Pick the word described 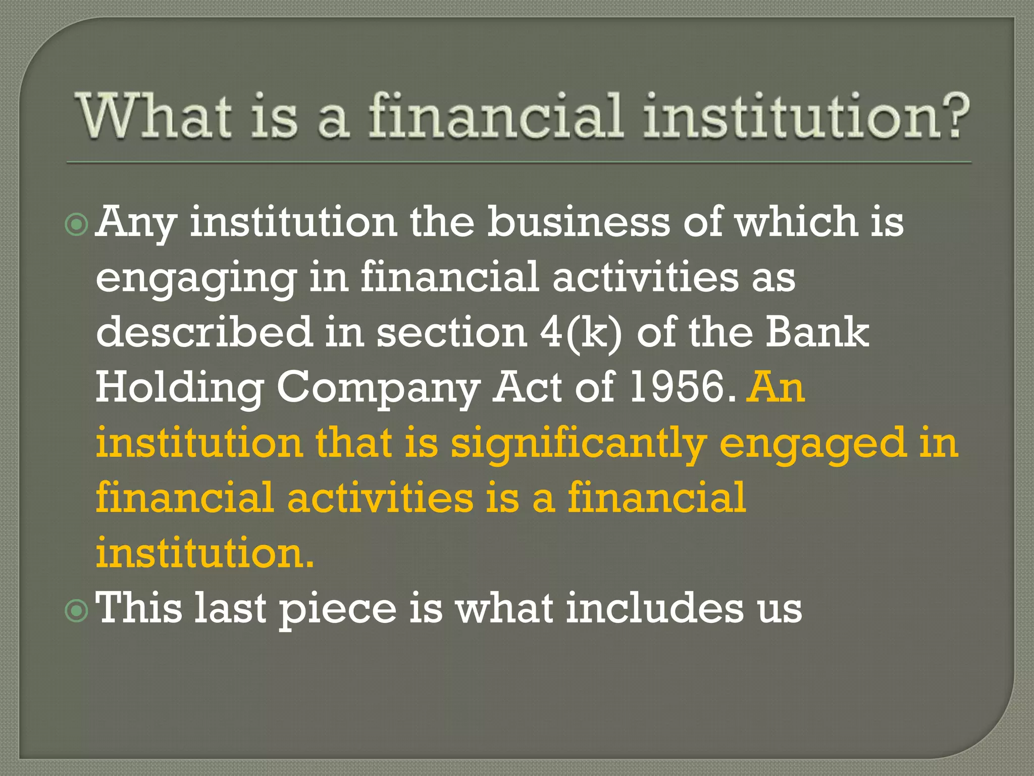204,332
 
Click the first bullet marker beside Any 77,224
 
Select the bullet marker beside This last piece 77,611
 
